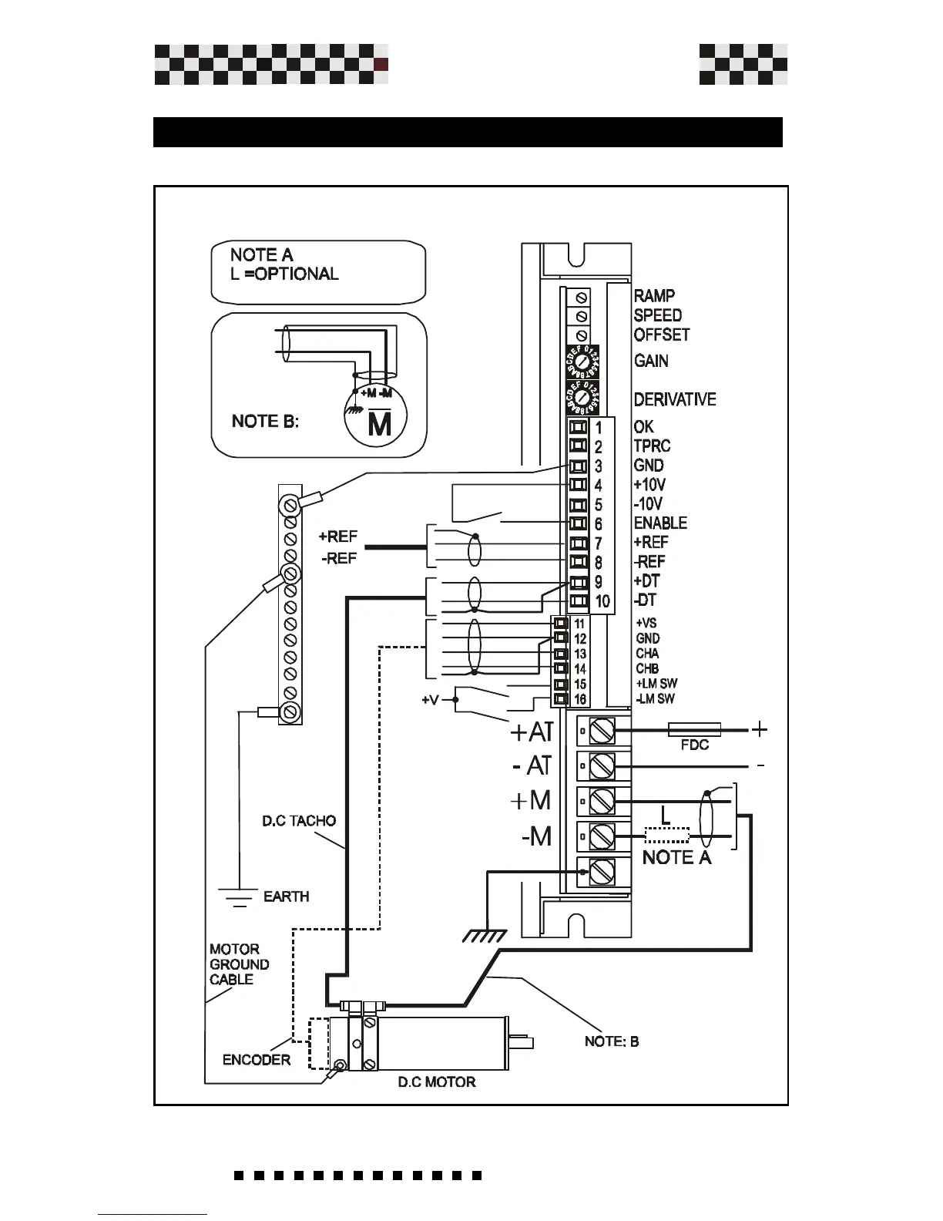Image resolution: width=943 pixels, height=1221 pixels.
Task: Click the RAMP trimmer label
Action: (x=654, y=296)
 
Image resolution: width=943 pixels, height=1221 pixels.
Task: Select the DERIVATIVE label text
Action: (x=674, y=399)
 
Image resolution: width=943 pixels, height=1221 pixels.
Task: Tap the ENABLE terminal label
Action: (x=660, y=523)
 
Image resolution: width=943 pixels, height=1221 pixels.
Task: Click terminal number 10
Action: (x=602, y=601)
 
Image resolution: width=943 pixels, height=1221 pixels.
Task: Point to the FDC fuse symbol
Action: (x=694, y=729)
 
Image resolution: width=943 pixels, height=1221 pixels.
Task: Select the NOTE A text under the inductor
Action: (x=676, y=857)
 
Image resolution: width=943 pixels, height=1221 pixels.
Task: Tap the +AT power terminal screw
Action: (x=602, y=730)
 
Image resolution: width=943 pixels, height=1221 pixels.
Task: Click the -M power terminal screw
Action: (x=602, y=836)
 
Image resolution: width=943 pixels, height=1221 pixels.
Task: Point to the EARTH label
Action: (x=286, y=896)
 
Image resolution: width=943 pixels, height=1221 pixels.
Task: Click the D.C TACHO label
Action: (x=299, y=821)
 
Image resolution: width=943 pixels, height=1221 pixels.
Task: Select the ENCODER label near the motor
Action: (x=257, y=1060)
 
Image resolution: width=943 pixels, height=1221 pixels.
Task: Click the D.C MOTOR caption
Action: (x=436, y=1082)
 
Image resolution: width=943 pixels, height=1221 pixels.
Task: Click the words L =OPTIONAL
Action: (x=284, y=274)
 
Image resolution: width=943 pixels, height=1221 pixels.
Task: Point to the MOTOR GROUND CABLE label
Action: (x=239, y=964)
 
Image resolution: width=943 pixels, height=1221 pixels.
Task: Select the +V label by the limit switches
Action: (x=431, y=701)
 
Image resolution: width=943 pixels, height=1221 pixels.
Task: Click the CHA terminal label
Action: (x=647, y=654)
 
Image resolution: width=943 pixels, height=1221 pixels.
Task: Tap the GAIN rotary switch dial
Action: (x=583, y=361)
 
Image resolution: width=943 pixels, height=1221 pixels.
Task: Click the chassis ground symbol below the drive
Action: (x=485, y=935)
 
